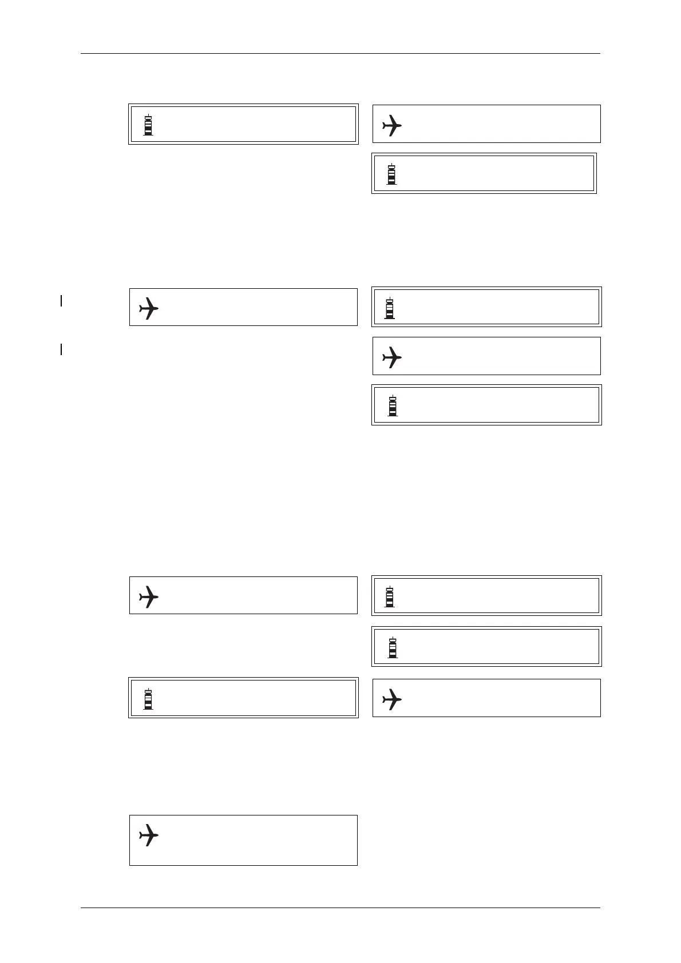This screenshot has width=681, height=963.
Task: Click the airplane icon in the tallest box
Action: (x=149, y=835)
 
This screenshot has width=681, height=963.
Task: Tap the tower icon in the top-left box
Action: (x=148, y=125)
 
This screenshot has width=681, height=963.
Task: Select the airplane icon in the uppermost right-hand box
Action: (x=392, y=125)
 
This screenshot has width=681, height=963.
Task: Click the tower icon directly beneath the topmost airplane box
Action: (x=391, y=174)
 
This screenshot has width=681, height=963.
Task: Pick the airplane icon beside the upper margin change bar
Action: (x=149, y=308)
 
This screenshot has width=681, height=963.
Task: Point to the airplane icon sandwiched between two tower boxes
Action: (x=392, y=357)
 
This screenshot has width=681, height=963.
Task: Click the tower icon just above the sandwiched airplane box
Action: (x=390, y=308)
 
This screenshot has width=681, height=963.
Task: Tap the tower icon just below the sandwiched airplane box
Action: (x=393, y=405)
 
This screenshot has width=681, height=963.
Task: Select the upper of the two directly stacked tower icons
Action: (x=390, y=596)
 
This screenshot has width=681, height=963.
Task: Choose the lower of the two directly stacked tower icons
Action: (x=393, y=647)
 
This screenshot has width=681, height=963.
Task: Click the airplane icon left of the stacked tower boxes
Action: (x=149, y=596)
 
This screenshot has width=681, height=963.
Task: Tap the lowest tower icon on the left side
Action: (x=148, y=699)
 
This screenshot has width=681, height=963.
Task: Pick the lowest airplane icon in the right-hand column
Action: (x=392, y=699)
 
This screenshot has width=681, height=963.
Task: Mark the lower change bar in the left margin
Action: (x=61, y=349)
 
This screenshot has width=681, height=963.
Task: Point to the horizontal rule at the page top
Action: (x=340, y=54)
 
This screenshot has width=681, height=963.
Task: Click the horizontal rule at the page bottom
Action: (x=340, y=908)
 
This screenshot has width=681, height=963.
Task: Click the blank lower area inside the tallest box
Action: (x=243, y=855)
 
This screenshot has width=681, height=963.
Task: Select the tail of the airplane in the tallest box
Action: (x=141, y=835)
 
